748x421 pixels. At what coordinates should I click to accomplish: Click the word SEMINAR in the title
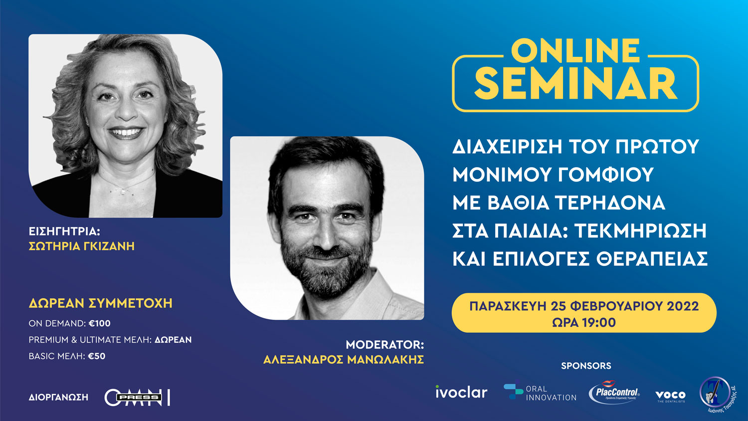point(576,83)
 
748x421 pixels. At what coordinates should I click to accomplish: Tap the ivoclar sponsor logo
point(461,393)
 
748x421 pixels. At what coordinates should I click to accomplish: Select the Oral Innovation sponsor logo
point(540,393)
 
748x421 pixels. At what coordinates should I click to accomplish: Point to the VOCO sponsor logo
point(670,396)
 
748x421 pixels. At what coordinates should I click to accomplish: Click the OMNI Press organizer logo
point(137,398)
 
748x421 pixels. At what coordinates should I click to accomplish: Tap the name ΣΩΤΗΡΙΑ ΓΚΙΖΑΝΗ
point(82,246)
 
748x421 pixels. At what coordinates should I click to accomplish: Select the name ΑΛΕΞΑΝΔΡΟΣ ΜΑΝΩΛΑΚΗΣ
point(344,359)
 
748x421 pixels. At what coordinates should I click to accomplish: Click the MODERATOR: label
point(384,345)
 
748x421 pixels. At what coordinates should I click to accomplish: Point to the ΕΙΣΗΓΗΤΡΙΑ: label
point(64,231)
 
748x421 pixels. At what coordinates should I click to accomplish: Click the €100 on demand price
point(100,323)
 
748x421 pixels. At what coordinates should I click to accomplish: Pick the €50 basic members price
point(97,356)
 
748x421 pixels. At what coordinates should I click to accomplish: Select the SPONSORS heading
point(586,366)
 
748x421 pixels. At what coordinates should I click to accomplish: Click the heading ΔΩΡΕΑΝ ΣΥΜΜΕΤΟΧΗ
point(101,303)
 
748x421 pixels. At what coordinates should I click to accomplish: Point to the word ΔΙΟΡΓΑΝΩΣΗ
point(58,398)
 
